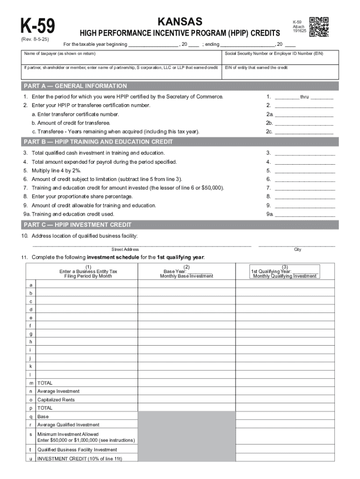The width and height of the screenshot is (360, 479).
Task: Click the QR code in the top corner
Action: click(319, 27)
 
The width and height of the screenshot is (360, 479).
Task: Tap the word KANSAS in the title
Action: click(180, 22)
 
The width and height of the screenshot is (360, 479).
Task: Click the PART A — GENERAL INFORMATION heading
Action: click(75, 86)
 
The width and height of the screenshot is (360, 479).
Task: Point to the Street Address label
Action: click(125, 249)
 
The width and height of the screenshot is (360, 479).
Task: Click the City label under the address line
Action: click(297, 249)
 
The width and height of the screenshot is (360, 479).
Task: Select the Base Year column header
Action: click(186, 271)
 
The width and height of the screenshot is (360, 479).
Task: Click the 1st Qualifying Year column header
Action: click(284, 271)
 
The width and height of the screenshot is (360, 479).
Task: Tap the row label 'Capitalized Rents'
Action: click(56, 400)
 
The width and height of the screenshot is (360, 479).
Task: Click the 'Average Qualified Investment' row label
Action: click(68, 425)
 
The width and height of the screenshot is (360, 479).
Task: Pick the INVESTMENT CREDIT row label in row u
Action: click(79, 459)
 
